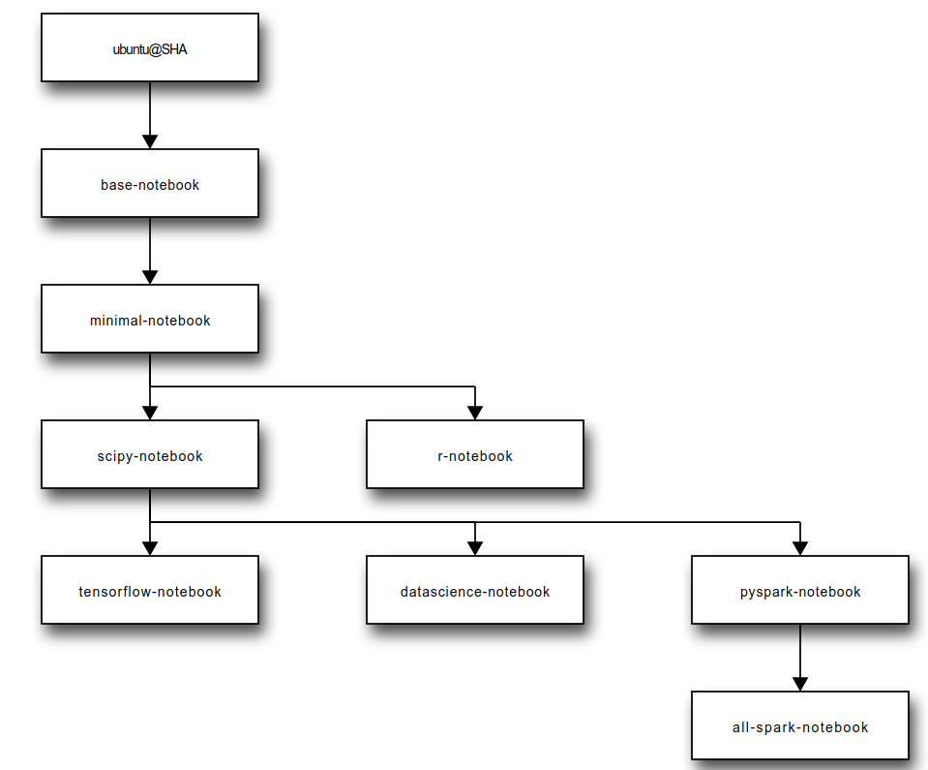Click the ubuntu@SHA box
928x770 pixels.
(150, 47)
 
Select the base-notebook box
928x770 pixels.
(150, 183)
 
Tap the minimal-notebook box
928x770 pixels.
(150, 319)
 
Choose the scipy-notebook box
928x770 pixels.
(150, 454)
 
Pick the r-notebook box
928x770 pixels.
(474, 454)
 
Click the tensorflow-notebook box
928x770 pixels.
(150, 590)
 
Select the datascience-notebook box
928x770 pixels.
(474, 590)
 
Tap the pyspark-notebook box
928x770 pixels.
(799, 590)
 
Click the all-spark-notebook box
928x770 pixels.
(799, 725)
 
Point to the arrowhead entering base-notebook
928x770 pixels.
(150, 141)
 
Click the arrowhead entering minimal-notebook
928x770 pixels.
(150, 277)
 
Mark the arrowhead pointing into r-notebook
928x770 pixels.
(474, 413)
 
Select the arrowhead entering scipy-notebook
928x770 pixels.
(150, 413)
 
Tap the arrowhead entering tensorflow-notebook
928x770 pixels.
(150, 548)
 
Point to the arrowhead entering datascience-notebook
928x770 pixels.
(474, 548)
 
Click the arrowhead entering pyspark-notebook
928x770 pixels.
(799, 548)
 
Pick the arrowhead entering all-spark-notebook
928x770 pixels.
(799, 684)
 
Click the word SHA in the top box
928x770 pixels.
(174, 49)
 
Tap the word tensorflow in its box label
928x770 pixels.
(115, 592)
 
